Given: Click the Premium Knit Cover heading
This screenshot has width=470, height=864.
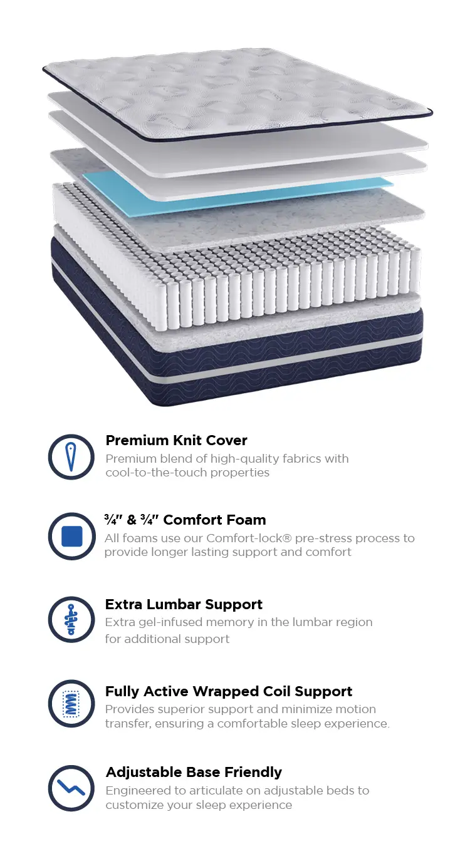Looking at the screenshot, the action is [x=176, y=440].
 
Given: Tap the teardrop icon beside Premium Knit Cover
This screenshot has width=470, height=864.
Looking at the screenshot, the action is [x=71, y=457].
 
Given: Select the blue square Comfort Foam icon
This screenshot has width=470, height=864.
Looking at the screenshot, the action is [x=71, y=536].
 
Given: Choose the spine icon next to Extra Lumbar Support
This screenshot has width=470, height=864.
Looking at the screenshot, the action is [x=71, y=619].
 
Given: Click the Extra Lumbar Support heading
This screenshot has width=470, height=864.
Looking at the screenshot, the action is [x=184, y=604].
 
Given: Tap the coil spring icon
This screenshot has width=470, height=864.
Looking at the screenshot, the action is [x=71, y=704].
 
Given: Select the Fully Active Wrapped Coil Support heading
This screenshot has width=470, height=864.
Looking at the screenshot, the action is [x=229, y=691].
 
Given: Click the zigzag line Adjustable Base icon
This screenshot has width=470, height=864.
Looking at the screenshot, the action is [x=71, y=788].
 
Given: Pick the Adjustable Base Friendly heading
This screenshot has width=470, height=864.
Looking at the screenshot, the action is [x=194, y=772].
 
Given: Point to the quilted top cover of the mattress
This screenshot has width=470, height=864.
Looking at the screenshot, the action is [x=238, y=93].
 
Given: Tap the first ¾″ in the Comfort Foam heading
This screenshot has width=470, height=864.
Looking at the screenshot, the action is [x=113, y=520].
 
